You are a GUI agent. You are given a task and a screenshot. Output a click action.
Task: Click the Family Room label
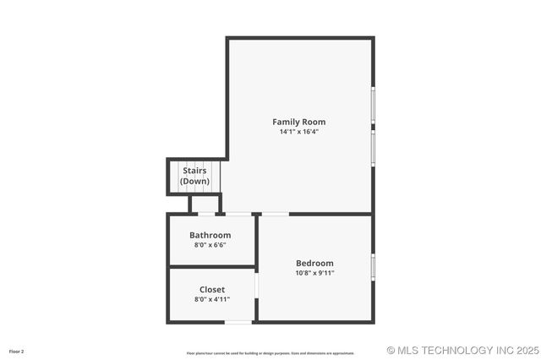pos(298,122)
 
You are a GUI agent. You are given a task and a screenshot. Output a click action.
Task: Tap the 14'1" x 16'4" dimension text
pos(298,132)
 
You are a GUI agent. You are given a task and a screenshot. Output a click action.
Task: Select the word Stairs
pos(194,171)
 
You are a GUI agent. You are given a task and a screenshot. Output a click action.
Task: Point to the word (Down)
pos(194,181)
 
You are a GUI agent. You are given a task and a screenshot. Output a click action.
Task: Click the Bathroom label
pos(210,235)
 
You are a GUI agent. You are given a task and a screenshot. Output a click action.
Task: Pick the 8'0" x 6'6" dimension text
pos(210,245)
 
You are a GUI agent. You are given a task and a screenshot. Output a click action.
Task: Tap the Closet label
pos(212,289)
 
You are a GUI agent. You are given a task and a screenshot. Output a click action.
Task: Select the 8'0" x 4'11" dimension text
pos(212,299)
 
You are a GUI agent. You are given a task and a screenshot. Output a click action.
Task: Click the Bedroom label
pos(314,263)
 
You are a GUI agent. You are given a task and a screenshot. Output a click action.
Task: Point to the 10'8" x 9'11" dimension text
pos(314,273)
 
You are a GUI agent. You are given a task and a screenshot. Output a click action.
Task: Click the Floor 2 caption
pos(17,351)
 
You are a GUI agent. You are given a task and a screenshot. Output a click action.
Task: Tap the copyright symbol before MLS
pos(391,350)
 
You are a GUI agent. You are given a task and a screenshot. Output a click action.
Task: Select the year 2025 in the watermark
pos(527,350)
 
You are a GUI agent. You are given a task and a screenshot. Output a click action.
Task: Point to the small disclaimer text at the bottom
pos(270,352)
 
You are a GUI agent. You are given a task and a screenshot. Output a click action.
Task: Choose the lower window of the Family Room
pos(373,147)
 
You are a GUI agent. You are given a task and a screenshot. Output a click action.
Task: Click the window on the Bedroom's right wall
pos(373,267)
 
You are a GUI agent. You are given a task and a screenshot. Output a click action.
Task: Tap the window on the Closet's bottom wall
pos(238,321)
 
